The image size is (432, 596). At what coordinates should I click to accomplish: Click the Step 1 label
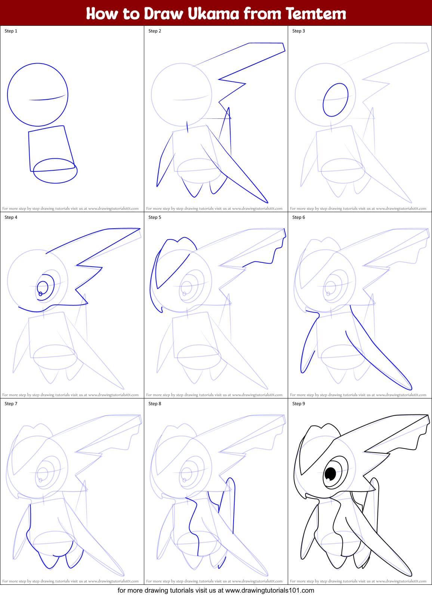click(x=11, y=31)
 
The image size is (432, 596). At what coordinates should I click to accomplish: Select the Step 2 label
click(x=155, y=31)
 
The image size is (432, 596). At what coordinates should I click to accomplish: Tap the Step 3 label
click(x=299, y=31)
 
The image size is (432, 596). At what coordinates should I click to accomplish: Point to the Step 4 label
click(x=11, y=217)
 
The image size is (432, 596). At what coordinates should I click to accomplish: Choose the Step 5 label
click(x=155, y=217)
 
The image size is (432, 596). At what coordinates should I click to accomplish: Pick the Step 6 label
click(x=299, y=217)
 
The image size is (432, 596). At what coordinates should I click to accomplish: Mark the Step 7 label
click(x=11, y=404)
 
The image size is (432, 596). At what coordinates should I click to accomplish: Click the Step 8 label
click(x=155, y=404)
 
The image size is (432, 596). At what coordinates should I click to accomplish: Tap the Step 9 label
click(x=299, y=404)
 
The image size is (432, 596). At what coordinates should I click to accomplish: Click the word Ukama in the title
click(x=213, y=14)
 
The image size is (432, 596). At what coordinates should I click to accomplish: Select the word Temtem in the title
click(x=316, y=14)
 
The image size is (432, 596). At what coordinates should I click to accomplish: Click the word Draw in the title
click(x=163, y=14)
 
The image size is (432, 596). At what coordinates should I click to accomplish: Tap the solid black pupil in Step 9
click(x=331, y=474)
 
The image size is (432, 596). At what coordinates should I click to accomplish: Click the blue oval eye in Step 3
click(x=336, y=100)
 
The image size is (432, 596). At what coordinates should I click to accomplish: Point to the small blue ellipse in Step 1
click(x=55, y=171)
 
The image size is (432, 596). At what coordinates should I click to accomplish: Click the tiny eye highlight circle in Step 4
click(x=40, y=294)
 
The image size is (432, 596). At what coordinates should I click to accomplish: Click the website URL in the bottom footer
click(x=269, y=590)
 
